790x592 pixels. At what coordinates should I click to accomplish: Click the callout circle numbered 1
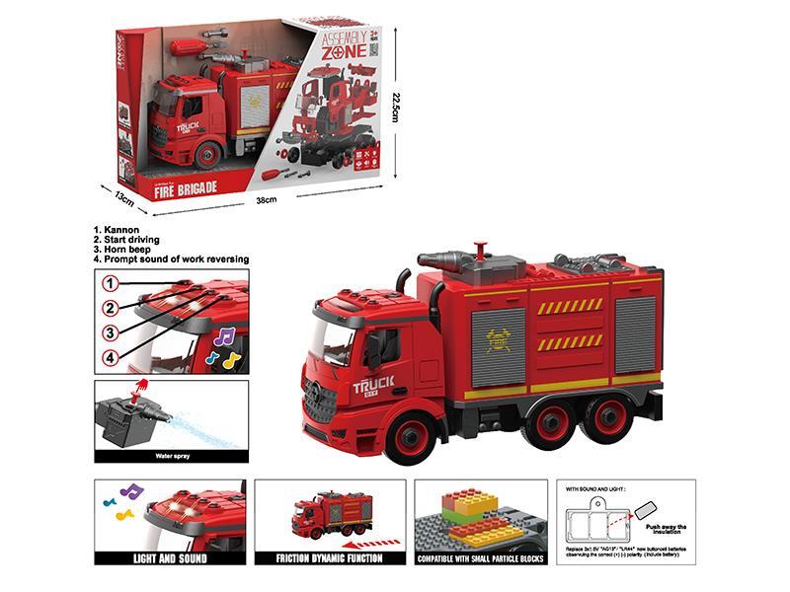click(113, 283)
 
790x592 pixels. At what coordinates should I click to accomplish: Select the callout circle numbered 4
click(113, 356)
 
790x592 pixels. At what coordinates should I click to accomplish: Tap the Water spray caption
click(172, 456)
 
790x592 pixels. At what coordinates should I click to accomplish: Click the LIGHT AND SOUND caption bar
click(170, 557)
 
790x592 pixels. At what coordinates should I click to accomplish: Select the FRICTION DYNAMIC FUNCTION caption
click(330, 557)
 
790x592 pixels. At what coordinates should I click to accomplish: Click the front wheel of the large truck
click(410, 436)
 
